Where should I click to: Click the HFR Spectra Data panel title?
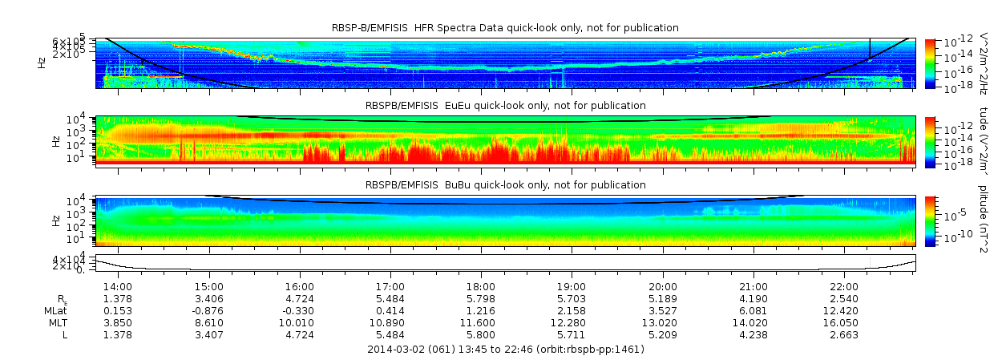pyautogui.click(x=505, y=28)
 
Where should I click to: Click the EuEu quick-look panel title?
pyautogui.click(x=505, y=105)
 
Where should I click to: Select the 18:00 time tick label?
pyautogui.click(x=481, y=286)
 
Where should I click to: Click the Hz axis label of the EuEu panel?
pyautogui.click(x=56, y=141)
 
